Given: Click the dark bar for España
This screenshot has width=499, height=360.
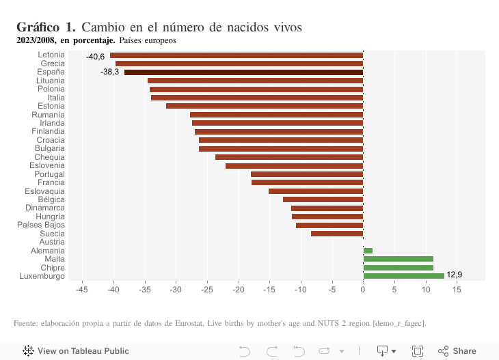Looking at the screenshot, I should (x=243, y=72).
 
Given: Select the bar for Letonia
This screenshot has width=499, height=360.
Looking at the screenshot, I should (x=236, y=55).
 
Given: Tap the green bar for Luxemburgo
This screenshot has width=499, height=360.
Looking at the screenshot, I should (x=403, y=275).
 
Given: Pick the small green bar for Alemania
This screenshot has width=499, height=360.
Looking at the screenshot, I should (x=368, y=251).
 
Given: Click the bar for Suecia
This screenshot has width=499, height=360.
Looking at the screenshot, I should (x=337, y=234).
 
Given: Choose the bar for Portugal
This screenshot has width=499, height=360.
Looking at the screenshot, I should (x=307, y=174).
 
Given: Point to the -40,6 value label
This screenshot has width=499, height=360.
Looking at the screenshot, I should (x=95, y=56).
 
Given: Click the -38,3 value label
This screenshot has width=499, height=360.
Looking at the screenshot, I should (x=109, y=72).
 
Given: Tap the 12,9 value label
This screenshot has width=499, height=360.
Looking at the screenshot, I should (x=455, y=275).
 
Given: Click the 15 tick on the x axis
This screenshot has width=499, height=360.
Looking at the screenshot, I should (x=457, y=290).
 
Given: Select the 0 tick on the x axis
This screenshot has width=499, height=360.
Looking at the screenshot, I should (x=363, y=290).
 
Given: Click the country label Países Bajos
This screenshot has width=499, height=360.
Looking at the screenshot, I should (x=41, y=225).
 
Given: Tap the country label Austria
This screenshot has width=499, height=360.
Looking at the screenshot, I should (x=52, y=242).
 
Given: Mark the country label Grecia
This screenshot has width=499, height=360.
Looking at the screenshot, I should (x=53, y=64).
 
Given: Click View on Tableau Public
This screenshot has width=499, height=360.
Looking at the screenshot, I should (x=76, y=351).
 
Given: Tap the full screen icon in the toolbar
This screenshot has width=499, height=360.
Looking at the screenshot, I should (x=417, y=351).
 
